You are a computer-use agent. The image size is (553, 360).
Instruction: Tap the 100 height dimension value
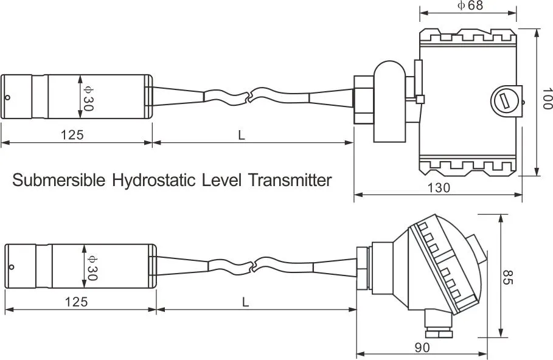[546, 99]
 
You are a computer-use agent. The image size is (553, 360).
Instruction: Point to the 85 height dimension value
[509, 278]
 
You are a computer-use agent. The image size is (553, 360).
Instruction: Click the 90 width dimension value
[422, 347]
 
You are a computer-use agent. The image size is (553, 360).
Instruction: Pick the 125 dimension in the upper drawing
[72, 135]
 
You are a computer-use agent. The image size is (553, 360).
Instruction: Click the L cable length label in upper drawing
[241, 136]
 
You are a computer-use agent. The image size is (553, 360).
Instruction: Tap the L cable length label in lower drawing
[245, 302]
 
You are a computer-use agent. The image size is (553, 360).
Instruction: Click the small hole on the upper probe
[7, 97]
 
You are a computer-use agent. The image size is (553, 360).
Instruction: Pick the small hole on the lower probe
[11, 266]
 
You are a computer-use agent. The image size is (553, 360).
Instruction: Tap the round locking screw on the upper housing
[504, 99]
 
